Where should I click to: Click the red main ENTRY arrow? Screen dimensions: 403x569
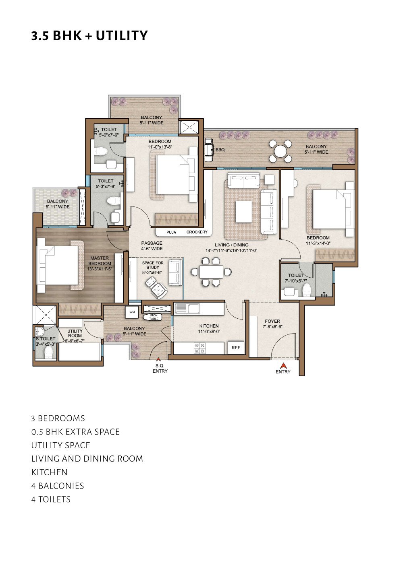coord(283,366)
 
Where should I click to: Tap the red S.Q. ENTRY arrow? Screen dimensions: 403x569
coord(158,359)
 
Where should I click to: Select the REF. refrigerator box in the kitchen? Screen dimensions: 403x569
coord(236,348)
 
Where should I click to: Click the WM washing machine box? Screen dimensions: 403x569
coord(132,312)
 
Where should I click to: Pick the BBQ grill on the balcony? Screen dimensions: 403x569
coord(210,150)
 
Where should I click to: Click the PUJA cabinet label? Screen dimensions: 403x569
coord(171,232)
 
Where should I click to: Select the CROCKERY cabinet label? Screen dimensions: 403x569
coord(197,232)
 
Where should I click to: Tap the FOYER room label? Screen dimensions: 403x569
coord(272,321)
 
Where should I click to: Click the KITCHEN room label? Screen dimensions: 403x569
coord(209,326)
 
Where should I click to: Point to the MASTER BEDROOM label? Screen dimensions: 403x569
coord(100,261)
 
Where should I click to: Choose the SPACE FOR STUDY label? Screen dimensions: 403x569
coord(153,265)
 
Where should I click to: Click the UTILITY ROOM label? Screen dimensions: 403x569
coord(75,333)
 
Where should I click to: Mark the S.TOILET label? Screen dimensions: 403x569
coord(46,338)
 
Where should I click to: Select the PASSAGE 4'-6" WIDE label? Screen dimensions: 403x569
coord(152,246)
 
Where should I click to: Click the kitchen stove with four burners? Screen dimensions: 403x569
coord(199,348)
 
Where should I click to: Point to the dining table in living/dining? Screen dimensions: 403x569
coord(211,272)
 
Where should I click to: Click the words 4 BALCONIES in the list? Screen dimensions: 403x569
coord(58,486)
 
